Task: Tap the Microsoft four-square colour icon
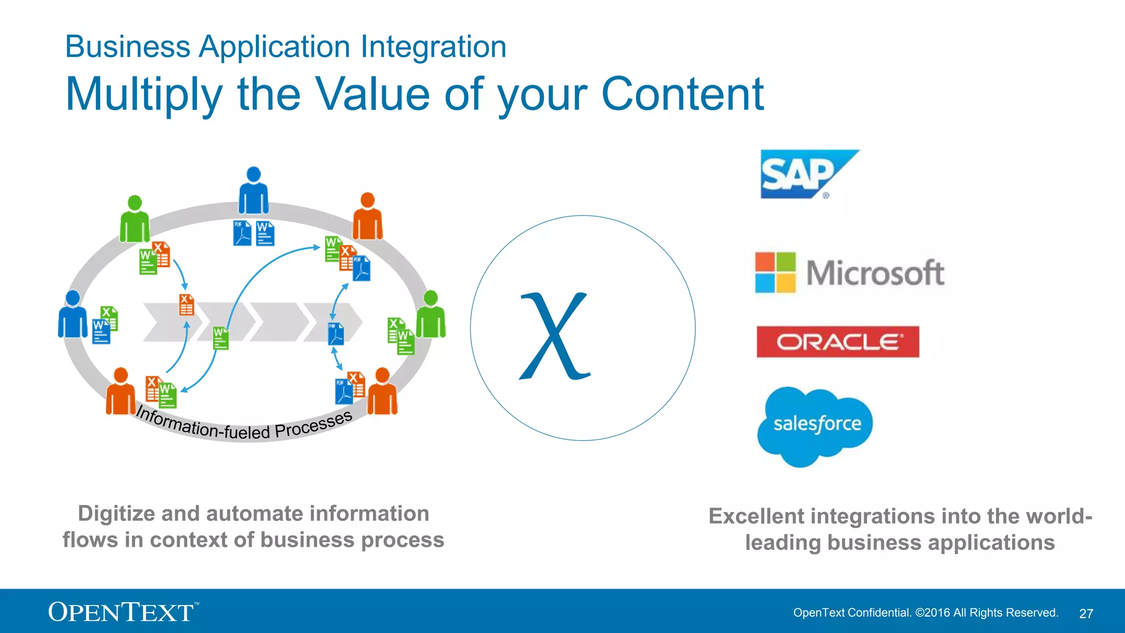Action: click(775, 273)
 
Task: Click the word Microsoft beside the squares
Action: click(875, 273)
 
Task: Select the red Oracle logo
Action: click(838, 342)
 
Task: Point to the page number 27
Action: click(1085, 614)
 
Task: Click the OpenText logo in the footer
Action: click(122, 612)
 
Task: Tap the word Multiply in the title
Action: click(144, 95)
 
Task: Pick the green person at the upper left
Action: click(135, 220)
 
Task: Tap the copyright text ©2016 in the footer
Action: click(932, 613)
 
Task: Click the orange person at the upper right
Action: click(367, 218)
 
